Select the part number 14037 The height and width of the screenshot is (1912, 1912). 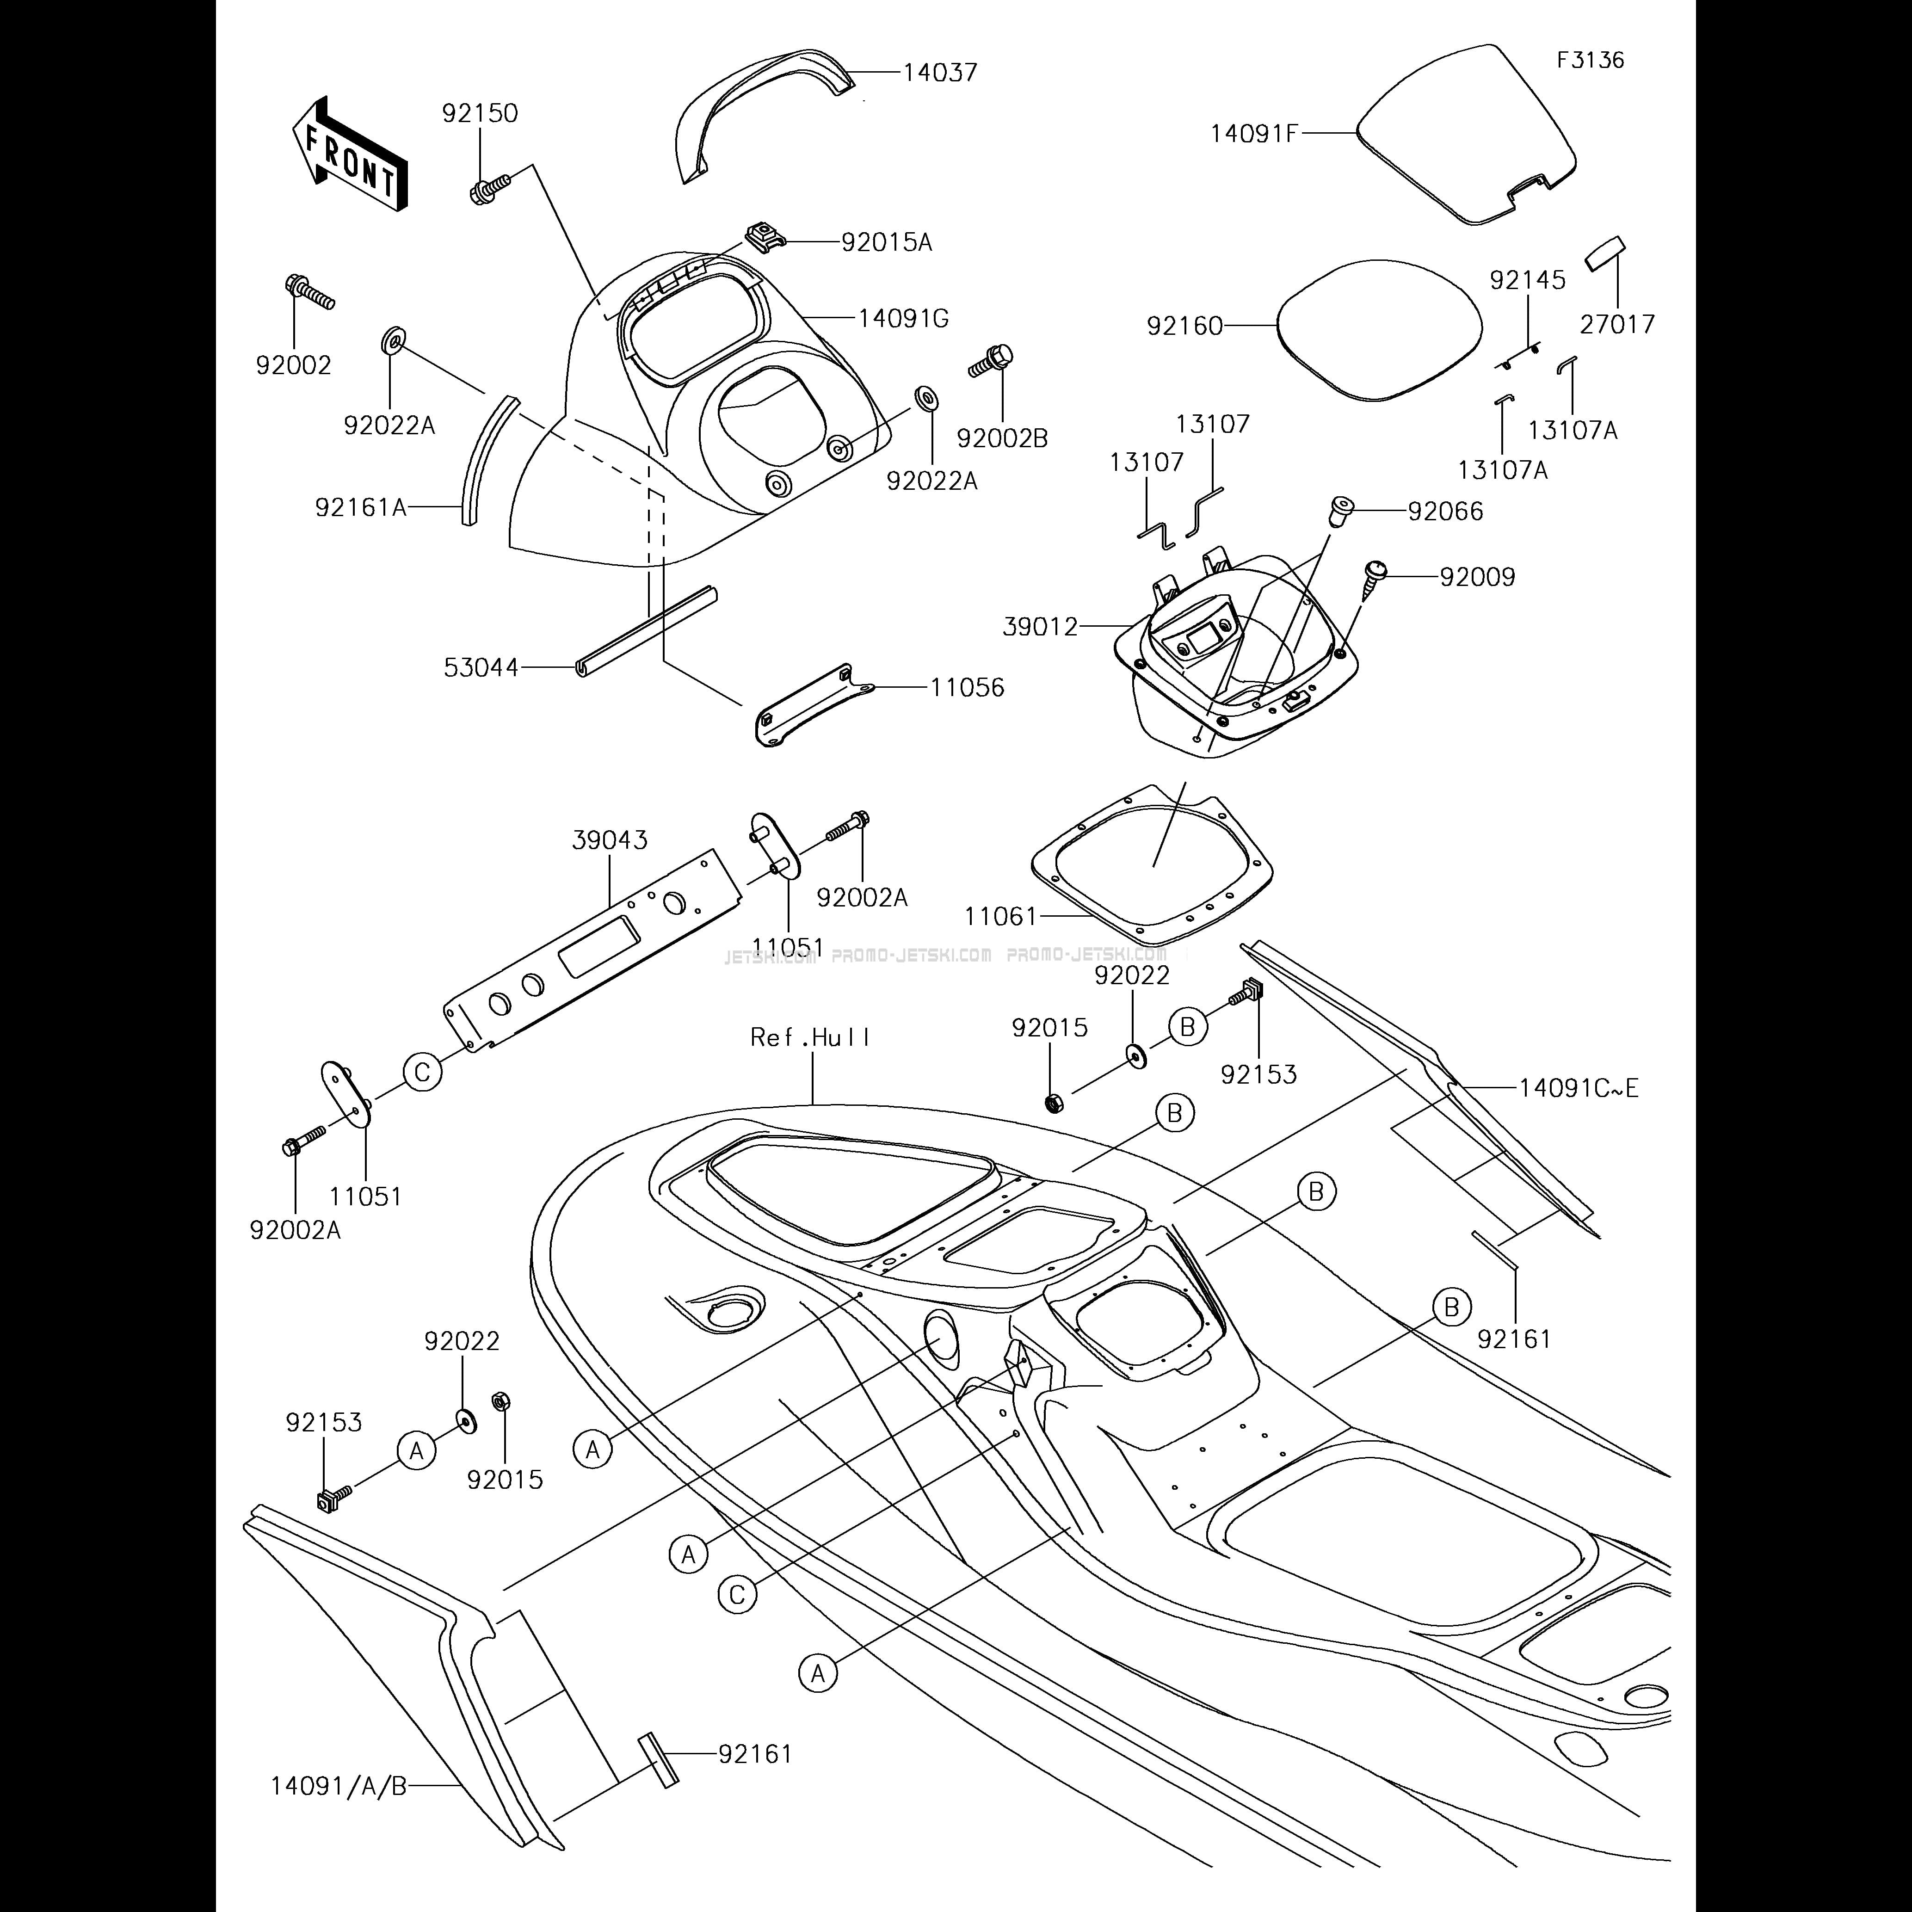pyautogui.click(x=940, y=72)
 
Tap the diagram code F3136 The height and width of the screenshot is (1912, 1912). pyautogui.click(x=1591, y=59)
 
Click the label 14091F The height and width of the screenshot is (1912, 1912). pyautogui.click(x=1253, y=133)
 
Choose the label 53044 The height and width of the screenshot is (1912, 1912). pyautogui.click(x=481, y=668)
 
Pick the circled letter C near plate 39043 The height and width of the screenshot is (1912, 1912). pyautogui.click(x=423, y=1072)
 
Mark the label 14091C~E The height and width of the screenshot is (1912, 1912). pyautogui.click(x=1579, y=1089)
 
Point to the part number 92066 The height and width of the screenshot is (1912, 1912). pyautogui.click(x=1446, y=512)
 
